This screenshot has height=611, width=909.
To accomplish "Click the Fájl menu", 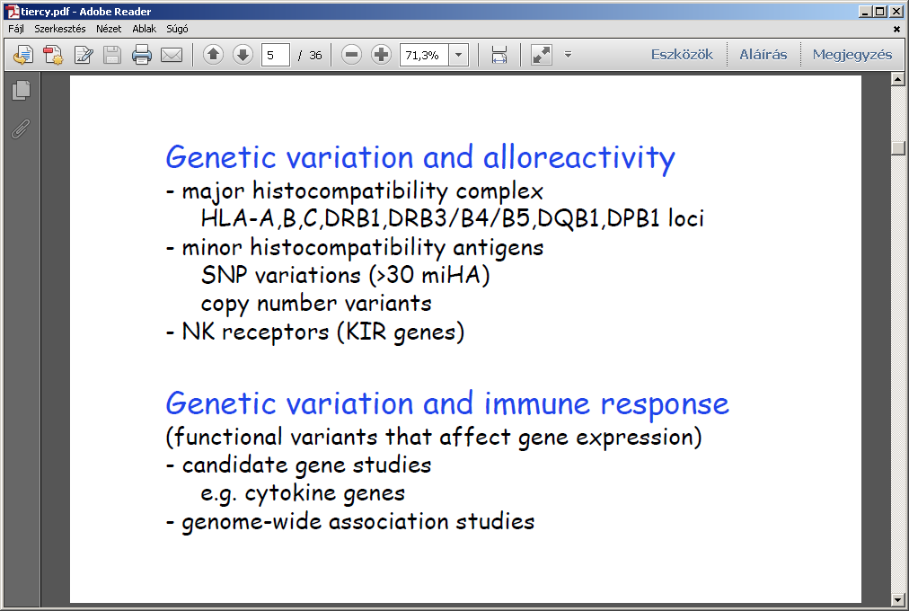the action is click(15, 29).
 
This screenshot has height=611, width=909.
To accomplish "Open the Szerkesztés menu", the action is click(59, 29).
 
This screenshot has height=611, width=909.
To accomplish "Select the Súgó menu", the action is click(177, 29).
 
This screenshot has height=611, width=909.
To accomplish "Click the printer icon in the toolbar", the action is click(141, 55).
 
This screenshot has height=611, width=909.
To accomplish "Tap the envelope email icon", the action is click(171, 55).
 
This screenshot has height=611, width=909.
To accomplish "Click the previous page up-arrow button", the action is click(214, 55).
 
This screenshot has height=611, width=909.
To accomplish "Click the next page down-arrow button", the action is click(243, 55).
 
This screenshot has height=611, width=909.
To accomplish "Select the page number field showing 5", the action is click(276, 55).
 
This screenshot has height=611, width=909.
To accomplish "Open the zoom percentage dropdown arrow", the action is click(459, 55).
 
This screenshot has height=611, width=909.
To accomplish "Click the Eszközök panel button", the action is click(682, 55).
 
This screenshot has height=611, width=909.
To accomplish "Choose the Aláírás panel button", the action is click(763, 55).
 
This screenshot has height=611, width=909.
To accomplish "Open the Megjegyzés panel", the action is click(852, 55).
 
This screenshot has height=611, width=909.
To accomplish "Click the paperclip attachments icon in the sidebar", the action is click(21, 128).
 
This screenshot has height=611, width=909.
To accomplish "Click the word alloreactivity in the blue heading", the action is click(579, 157).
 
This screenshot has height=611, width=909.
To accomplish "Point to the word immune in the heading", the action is click(537, 403).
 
